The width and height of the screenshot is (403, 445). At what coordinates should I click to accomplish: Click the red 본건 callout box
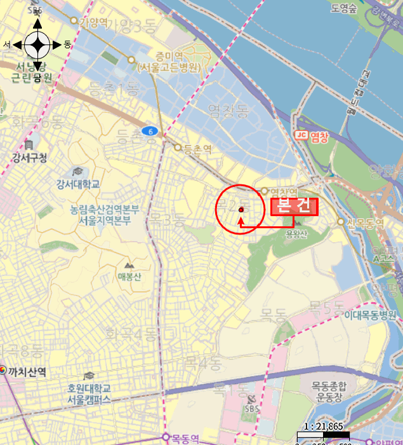click(x=294, y=207)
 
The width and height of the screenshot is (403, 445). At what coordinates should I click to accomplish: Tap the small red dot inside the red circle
click(x=241, y=210)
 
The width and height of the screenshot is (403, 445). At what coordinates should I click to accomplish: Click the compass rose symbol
click(x=37, y=44)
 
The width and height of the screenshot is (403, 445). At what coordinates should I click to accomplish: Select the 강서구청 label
click(x=29, y=158)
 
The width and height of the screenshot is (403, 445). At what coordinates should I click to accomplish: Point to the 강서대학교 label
click(x=78, y=184)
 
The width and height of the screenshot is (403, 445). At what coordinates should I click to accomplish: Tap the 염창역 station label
click(x=284, y=191)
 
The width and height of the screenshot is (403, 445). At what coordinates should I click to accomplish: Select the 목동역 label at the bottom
click(x=185, y=438)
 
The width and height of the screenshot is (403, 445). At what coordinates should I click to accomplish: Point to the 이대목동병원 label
click(x=370, y=315)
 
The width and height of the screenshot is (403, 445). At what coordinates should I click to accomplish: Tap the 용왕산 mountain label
click(x=296, y=233)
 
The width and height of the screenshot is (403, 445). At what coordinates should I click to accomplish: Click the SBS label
click(x=252, y=409)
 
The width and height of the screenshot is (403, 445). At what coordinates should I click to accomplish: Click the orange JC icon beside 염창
click(x=301, y=135)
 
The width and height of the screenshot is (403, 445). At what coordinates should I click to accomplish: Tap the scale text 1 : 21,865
click(x=324, y=424)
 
